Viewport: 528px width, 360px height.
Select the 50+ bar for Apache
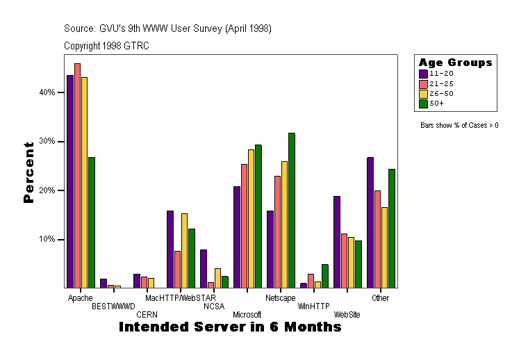tap(92, 222)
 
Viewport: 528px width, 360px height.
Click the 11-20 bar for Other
tap(370, 222)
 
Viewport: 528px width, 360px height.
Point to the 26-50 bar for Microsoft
tap(251, 218)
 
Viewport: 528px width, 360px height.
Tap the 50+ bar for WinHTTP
tap(325, 276)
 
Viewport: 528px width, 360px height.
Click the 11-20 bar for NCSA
tap(204, 268)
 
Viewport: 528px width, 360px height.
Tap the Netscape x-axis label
tap(280, 298)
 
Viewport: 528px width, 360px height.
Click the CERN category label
tap(147, 314)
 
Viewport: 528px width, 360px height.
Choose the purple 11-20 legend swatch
tap(422, 73)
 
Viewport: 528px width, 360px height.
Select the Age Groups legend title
tap(456, 63)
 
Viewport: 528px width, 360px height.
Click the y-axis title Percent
tap(28, 172)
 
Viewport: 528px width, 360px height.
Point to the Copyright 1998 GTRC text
tap(106, 46)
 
